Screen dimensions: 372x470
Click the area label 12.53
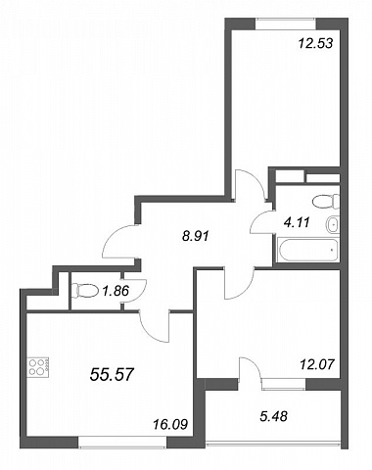[x=315, y=43]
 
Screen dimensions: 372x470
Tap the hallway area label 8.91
[x=196, y=236]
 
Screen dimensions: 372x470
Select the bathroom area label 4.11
[x=297, y=222]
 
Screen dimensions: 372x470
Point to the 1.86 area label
[x=116, y=290]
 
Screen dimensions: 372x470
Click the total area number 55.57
[x=112, y=374]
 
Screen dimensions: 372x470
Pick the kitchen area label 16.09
[x=170, y=425]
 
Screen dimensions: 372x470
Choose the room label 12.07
[x=317, y=364]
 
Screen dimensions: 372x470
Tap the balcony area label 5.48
[x=273, y=416]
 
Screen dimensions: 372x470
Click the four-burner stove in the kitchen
[x=38, y=367]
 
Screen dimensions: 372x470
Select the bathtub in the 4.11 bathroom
[x=307, y=251]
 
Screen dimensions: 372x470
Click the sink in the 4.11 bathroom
[x=333, y=224]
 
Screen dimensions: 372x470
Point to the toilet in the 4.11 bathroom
[x=326, y=201]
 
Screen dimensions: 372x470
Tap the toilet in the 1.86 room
[x=85, y=291]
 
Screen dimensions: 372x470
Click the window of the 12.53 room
[x=286, y=23]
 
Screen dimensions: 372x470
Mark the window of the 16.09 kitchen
[x=122, y=442]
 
